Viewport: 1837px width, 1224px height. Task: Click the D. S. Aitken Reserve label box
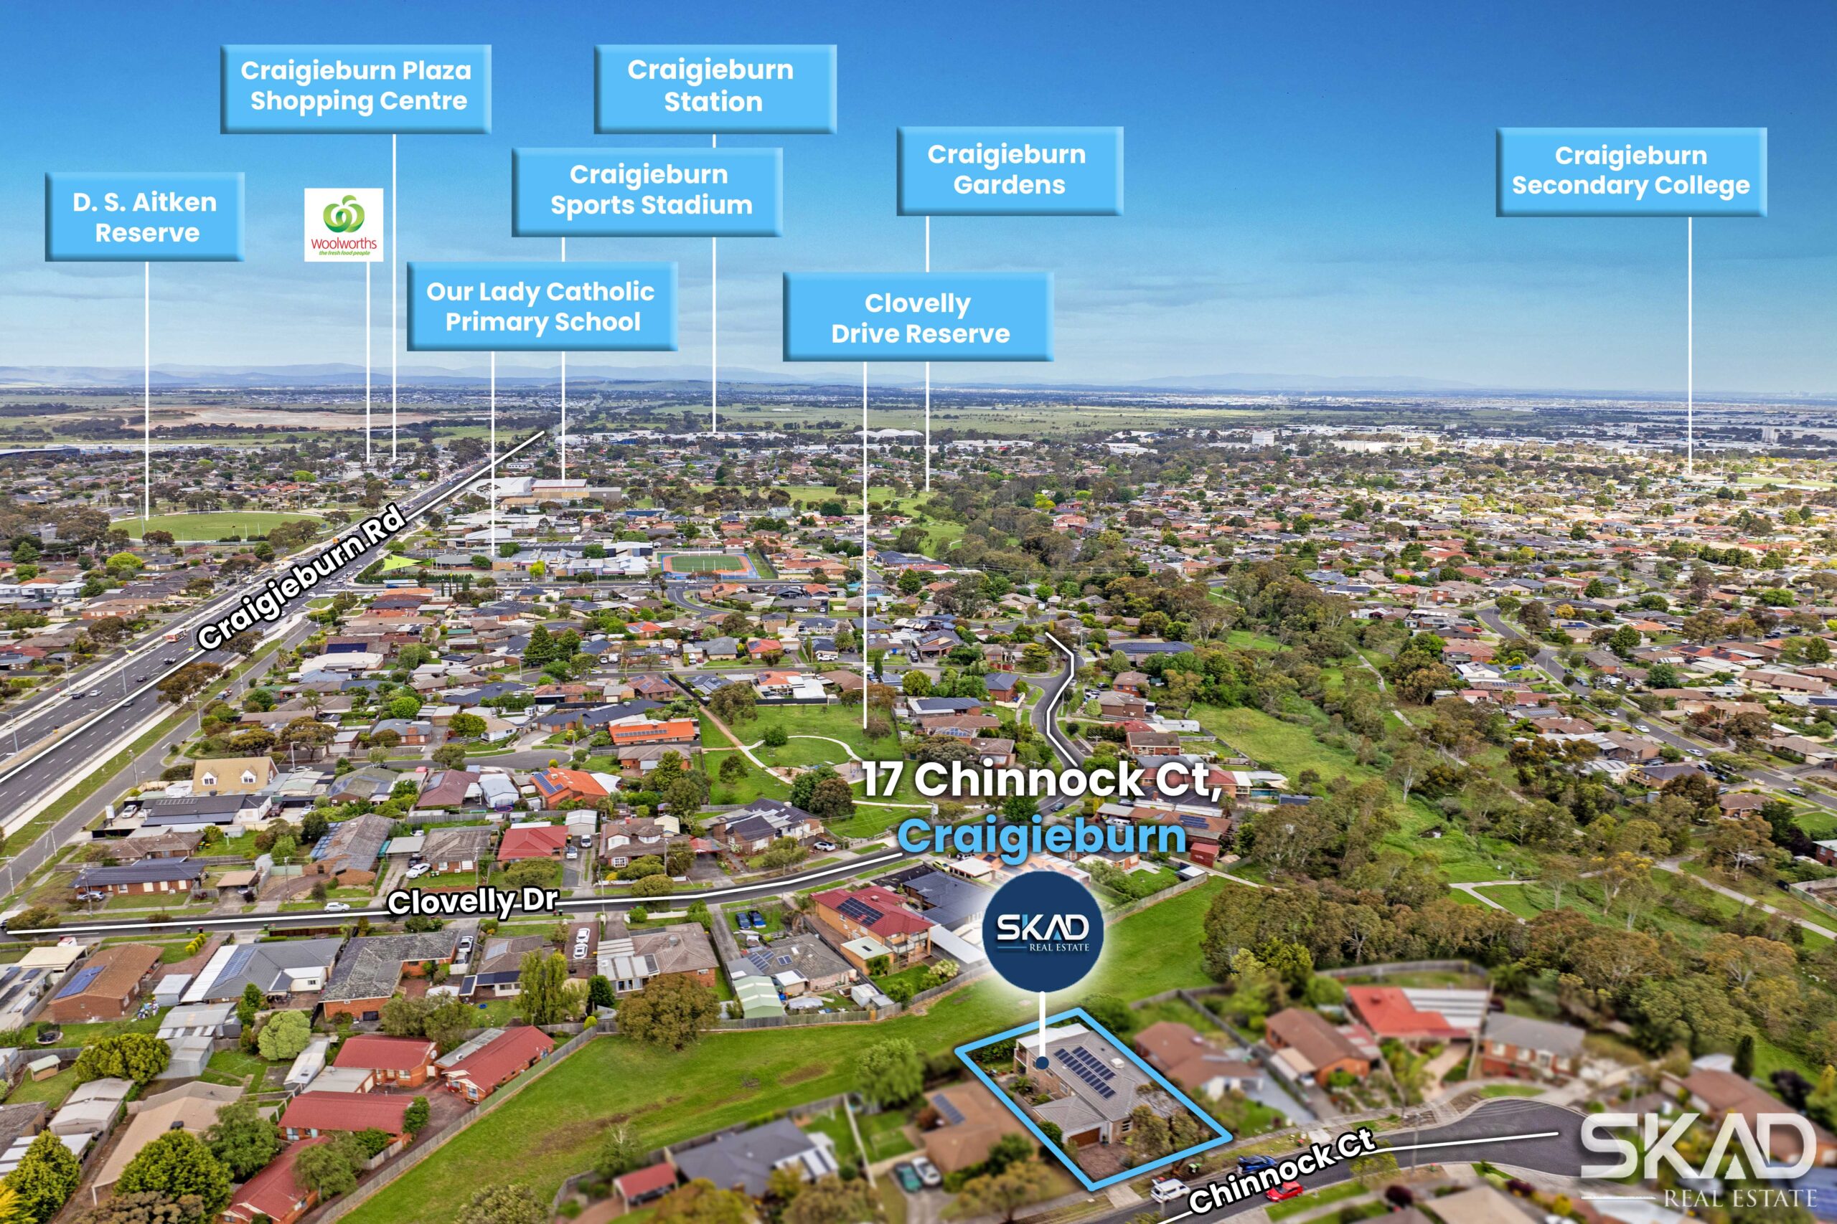coord(144,217)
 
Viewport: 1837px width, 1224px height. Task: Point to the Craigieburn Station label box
coord(714,87)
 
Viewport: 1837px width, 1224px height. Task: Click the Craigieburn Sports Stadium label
coord(647,191)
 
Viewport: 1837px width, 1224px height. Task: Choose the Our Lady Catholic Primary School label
coord(541,306)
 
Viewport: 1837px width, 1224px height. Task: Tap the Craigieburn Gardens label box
coord(1008,170)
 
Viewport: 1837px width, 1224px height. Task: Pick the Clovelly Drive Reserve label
coord(918,317)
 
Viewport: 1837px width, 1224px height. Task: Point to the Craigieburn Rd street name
coord(302,578)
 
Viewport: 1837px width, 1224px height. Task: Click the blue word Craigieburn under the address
coord(1041,835)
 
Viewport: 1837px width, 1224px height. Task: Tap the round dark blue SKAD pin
coord(1043,929)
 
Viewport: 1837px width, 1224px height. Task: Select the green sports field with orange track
coord(705,563)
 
